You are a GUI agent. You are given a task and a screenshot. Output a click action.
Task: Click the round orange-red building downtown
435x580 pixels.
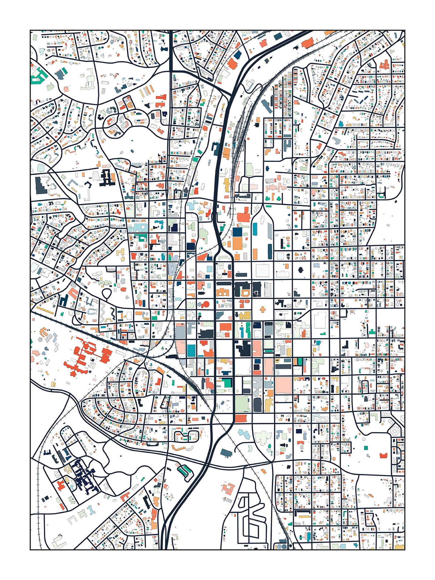pyautogui.click(x=206, y=304)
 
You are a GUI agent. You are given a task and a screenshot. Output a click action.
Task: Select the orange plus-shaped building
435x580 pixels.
pyautogui.click(x=263, y=310)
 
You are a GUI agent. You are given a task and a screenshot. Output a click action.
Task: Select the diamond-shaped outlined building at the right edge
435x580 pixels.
pyautogui.click(x=395, y=431)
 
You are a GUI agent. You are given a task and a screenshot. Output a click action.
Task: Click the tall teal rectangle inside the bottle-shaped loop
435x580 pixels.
pyautogui.click(x=255, y=229)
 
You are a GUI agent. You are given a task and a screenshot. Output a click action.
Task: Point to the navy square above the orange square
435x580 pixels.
pyautogui.click(x=237, y=232)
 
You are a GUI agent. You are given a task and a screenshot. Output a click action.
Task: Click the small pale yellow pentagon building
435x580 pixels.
pyautogui.click(x=225, y=245)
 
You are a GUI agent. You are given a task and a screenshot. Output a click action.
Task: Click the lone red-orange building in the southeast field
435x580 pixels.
pyautogui.click(x=384, y=455)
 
